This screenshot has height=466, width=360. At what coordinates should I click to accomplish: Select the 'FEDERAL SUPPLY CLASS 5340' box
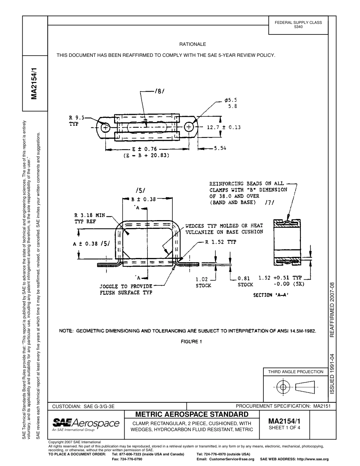298,25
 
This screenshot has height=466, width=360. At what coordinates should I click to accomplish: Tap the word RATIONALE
193,44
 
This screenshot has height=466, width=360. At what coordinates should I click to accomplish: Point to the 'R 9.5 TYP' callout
77,120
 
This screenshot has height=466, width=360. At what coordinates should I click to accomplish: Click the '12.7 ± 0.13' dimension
224,127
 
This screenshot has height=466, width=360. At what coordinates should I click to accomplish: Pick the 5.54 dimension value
220,149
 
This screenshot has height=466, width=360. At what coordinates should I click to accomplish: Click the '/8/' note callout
159,91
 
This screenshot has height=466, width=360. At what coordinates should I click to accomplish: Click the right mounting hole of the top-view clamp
189,127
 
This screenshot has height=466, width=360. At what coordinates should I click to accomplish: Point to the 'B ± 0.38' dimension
144,199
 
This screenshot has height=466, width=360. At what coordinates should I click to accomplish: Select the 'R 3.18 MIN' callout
89,215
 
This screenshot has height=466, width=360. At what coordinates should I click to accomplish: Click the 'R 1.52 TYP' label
221,242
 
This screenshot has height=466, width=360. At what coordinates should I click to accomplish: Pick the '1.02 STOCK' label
203,282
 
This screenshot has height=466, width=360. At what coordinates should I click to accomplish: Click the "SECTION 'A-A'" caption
271,295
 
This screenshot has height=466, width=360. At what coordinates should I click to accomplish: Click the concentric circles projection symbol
283,387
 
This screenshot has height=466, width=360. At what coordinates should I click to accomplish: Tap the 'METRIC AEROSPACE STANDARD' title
192,414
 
